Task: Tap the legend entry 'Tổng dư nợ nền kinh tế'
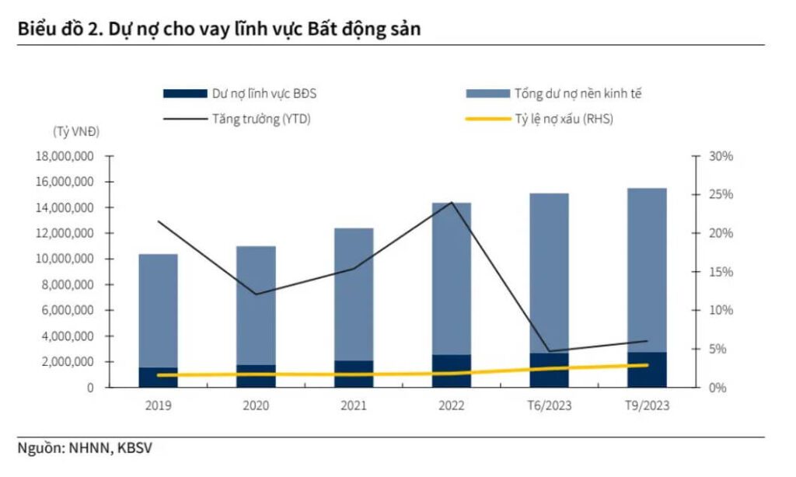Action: pos(578,94)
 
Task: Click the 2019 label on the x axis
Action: pos(159,405)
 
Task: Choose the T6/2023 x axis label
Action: pos(549,405)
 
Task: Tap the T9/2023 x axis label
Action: pos(647,405)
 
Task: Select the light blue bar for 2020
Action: pos(256,303)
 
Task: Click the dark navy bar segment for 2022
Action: pos(452,371)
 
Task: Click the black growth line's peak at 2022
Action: pos(451,203)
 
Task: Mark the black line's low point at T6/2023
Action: pos(549,351)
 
